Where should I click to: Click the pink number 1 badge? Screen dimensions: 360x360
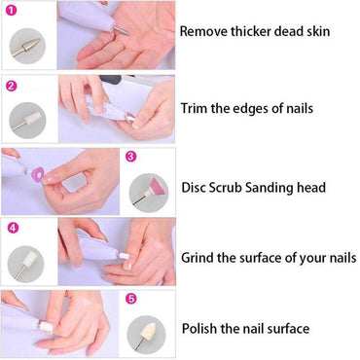point(11,11)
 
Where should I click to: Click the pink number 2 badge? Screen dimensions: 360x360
point(11,86)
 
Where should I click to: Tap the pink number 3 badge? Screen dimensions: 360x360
point(131,156)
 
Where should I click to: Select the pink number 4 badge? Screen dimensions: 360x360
point(11,230)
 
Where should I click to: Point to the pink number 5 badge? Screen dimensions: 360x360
point(131,301)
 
